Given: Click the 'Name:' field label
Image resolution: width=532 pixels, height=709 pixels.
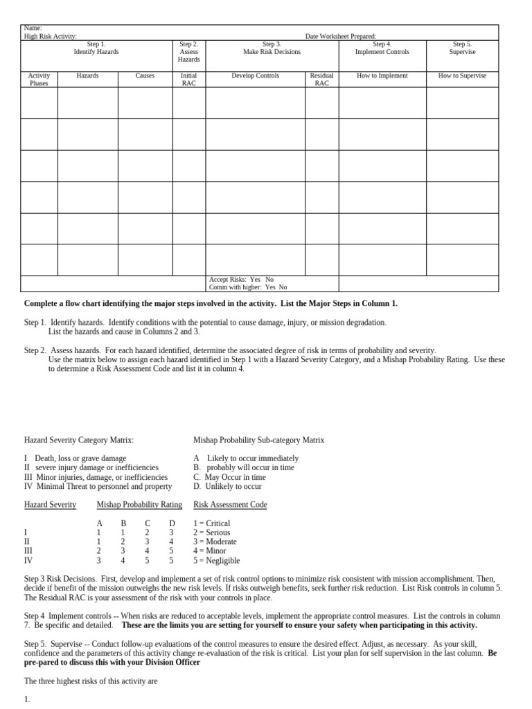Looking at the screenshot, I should [33, 28].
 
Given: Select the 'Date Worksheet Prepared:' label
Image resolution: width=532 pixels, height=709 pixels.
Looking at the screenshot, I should [341, 36].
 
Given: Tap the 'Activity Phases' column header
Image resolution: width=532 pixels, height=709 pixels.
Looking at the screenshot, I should [39, 80].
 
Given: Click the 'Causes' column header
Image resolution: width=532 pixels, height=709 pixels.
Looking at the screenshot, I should [145, 75].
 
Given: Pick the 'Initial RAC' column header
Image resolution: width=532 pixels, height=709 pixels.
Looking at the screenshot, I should [188, 80].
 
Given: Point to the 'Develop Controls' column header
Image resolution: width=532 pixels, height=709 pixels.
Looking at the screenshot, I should [255, 75].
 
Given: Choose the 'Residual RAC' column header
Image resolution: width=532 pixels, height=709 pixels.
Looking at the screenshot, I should [321, 80].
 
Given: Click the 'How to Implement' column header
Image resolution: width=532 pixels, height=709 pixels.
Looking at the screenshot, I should [382, 75].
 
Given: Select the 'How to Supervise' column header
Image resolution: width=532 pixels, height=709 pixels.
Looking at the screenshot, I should [462, 75].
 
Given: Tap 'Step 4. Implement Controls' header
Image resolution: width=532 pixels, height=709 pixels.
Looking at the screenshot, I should [382, 48].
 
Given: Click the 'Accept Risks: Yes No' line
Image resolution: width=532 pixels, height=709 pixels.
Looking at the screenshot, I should [241, 280].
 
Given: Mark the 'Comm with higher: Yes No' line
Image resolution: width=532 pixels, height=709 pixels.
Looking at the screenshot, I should [247, 287].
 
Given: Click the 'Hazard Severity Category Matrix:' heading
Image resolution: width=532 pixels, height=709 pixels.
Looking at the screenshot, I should [79, 440].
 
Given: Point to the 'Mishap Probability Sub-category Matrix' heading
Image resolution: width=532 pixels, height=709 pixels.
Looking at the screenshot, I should [258, 440].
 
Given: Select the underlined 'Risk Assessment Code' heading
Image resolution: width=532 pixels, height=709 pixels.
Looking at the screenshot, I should [230, 505].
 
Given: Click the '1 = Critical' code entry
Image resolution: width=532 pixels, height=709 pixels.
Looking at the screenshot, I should [211, 523].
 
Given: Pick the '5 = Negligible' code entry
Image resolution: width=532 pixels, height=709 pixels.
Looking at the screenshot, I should [216, 561].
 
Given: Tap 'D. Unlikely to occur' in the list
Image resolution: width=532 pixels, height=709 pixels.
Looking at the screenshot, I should [227, 487].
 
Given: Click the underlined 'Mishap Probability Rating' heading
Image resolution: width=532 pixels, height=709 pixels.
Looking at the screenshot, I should [139, 505].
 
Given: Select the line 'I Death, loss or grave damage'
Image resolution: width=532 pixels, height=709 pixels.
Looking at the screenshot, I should [75, 458].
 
